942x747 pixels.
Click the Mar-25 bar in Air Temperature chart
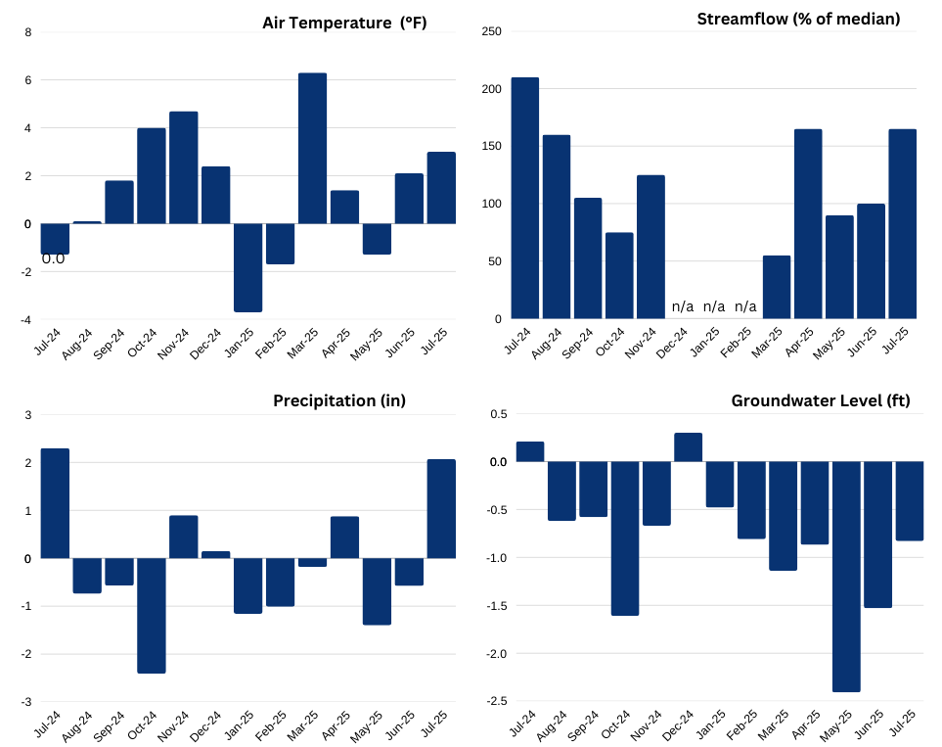click(x=312, y=149)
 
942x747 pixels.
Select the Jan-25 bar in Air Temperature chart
click(x=247, y=267)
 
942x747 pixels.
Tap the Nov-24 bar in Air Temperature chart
click(x=183, y=167)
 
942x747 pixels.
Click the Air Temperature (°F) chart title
click(x=344, y=23)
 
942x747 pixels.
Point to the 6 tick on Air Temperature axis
click(x=28, y=80)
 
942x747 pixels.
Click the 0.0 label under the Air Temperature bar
click(x=53, y=259)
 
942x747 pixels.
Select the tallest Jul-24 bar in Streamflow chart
click(x=524, y=198)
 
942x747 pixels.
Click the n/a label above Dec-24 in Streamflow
click(x=683, y=307)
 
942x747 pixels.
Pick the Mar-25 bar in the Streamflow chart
click(x=777, y=287)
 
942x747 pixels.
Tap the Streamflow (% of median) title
click(x=798, y=19)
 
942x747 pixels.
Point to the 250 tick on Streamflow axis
click(x=492, y=32)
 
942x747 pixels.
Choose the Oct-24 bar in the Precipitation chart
click(x=151, y=615)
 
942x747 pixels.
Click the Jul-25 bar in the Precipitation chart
click(x=441, y=509)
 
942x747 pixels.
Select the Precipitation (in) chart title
click(x=339, y=400)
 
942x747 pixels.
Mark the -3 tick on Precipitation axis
click(x=27, y=702)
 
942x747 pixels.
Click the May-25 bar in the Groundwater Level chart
click(x=846, y=577)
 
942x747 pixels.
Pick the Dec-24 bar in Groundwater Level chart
click(x=689, y=447)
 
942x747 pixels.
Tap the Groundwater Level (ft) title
click(x=821, y=400)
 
